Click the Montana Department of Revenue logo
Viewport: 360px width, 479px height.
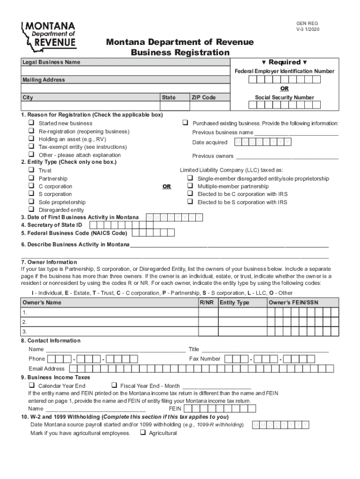pos(49,35)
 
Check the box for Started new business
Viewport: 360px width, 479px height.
pos(31,123)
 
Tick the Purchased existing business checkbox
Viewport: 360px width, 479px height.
pos(185,123)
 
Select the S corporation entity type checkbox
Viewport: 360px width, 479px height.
pos(31,194)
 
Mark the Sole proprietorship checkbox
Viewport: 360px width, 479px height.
pos(31,202)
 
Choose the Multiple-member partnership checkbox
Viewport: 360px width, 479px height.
pos(190,186)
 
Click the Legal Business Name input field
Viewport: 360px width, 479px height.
pos(125,71)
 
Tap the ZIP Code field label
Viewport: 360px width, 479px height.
pos(204,97)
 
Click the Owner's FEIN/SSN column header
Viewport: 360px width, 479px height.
pos(294,303)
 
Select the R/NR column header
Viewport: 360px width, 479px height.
pos(207,303)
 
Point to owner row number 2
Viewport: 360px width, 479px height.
pos(24,322)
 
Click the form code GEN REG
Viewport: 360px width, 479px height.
pos(307,23)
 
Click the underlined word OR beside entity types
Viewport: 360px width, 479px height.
pos(166,187)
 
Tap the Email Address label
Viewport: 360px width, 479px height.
pos(47,369)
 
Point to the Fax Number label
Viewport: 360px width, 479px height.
pos(204,359)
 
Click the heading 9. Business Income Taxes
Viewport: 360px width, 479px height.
pos(56,377)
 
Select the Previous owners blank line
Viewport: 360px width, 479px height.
pos(287,156)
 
